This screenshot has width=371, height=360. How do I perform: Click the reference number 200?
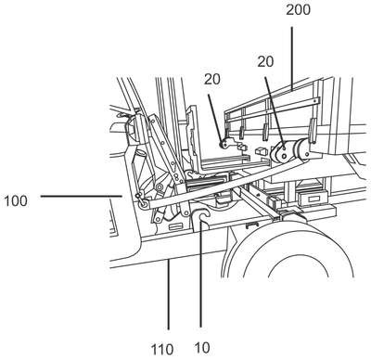coord(298,10)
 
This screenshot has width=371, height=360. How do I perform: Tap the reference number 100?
coord(16,201)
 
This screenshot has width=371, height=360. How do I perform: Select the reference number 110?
coord(162,350)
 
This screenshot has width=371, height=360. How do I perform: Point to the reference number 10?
coord(203,348)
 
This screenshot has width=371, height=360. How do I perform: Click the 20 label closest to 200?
coord(265,61)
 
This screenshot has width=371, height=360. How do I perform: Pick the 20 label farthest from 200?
coord(212,80)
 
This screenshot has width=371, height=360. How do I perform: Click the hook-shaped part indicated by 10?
coord(200,217)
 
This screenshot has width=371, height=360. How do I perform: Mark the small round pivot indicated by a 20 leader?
coord(223,144)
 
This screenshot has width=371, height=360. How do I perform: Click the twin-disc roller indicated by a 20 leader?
coord(282,152)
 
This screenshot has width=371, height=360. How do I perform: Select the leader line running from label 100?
coord(82,196)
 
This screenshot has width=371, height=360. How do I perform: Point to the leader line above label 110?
coord(169,295)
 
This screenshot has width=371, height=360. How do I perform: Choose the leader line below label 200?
coord(291,58)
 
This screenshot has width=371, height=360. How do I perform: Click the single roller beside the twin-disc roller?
coord(302,149)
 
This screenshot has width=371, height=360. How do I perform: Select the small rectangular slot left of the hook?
coord(175,226)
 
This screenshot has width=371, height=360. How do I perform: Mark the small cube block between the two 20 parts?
coord(262,151)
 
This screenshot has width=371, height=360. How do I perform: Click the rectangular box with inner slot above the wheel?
coord(312,198)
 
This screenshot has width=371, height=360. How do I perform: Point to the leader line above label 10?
coord(200,273)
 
